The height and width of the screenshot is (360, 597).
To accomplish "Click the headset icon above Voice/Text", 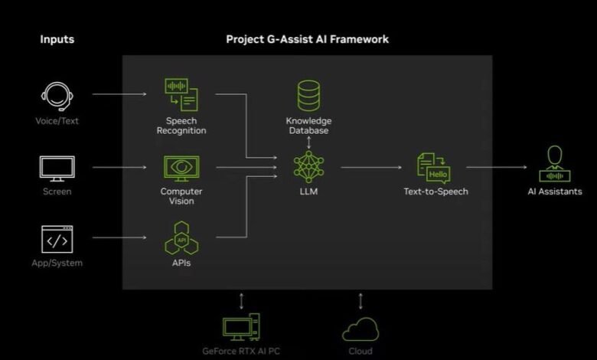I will (57, 97).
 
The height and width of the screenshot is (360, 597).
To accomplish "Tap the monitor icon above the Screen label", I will (57, 169).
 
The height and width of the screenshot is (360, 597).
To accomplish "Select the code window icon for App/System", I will (57, 240).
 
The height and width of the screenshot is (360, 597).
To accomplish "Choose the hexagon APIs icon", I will (181, 238).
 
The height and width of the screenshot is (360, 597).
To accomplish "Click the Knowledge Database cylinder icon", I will (308, 96).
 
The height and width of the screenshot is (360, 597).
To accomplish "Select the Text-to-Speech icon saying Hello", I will (433, 168).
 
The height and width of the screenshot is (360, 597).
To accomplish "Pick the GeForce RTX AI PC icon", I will (242, 328).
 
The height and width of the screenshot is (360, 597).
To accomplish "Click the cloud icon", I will (360, 329).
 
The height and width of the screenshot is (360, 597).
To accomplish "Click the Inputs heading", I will (57, 39).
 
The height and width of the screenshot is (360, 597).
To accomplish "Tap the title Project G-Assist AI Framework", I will (308, 39).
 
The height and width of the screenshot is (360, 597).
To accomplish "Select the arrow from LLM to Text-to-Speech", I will (372, 166).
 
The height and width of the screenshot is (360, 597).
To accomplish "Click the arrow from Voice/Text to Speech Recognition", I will (119, 95).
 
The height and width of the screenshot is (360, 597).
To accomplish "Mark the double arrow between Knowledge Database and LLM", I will (308, 142).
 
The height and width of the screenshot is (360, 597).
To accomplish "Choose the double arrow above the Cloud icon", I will (360, 299).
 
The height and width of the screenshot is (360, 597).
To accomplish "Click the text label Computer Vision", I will (181, 196).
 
